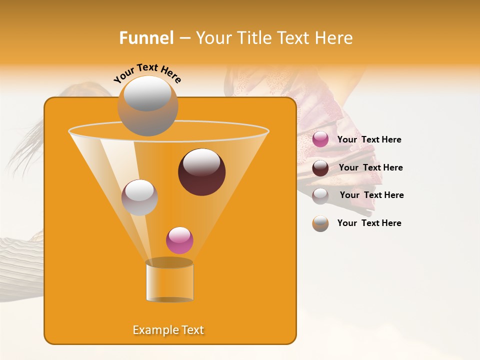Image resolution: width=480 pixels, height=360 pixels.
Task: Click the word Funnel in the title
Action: (x=146, y=38)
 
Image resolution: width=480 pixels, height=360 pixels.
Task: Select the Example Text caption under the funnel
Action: (x=168, y=330)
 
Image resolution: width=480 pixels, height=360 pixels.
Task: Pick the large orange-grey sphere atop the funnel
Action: (x=147, y=106)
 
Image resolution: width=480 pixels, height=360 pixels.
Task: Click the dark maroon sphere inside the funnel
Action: (x=202, y=172)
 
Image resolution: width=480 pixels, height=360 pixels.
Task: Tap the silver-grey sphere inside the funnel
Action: (x=139, y=197)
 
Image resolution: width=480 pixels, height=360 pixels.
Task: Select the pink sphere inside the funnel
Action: (x=179, y=240)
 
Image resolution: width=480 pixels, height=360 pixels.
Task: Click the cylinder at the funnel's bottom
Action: (x=169, y=282)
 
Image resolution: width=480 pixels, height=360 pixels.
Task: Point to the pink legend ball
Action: (x=320, y=139)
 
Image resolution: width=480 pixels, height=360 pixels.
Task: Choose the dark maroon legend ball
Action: (x=320, y=168)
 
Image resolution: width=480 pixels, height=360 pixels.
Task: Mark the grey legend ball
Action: (x=320, y=196)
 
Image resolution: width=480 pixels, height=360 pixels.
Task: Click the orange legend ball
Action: (x=320, y=223)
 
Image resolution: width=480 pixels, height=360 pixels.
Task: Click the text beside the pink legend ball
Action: (x=369, y=139)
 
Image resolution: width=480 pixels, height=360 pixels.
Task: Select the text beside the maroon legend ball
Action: (x=370, y=167)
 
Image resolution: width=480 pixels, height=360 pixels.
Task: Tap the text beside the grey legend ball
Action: (x=371, y=195)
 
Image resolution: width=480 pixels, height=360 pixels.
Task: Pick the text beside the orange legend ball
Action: (x=369, y=223)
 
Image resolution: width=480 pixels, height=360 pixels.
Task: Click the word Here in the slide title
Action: (x=334, y=38)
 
